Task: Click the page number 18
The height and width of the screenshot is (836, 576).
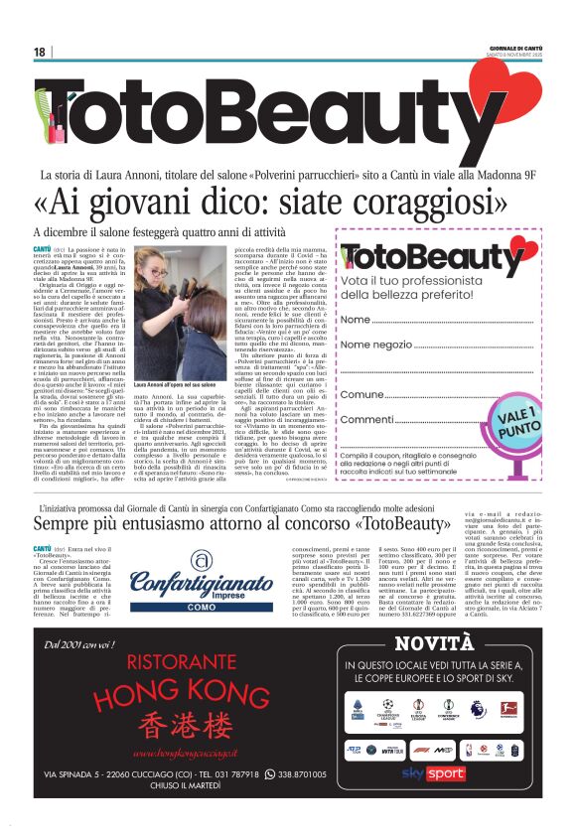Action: click(x=40, y=52)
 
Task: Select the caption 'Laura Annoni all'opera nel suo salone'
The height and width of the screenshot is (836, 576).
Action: click(x=175, y=384)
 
